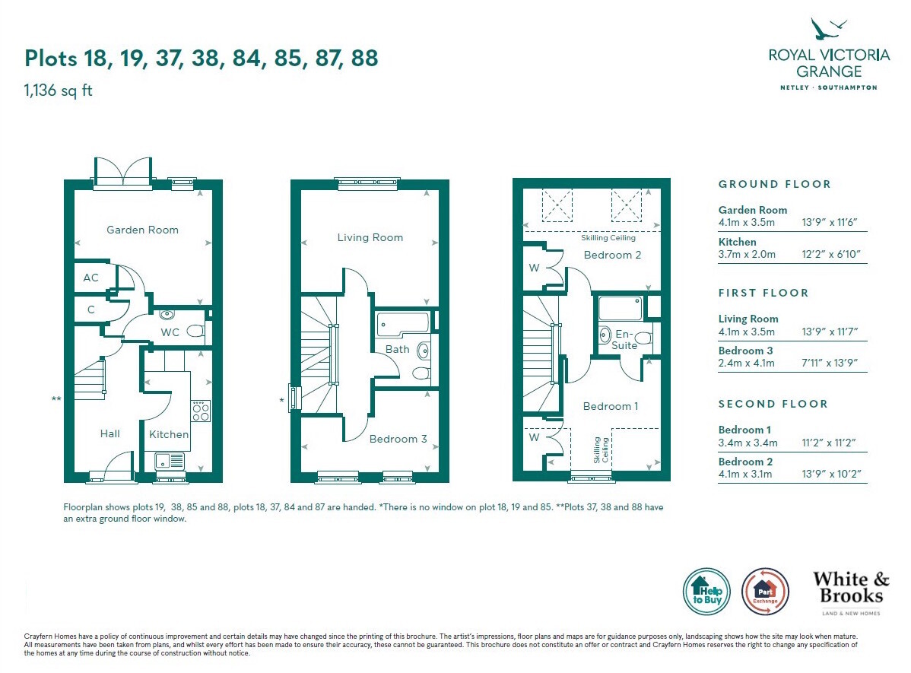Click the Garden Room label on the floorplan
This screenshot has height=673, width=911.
[x=142, y=230]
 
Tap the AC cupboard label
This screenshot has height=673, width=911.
[x=90, y=278]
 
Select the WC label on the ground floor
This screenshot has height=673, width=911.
[x=170, y=332]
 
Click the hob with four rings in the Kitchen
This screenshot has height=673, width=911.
[x=201, y=411]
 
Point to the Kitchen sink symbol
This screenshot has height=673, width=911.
[x=170, y=461]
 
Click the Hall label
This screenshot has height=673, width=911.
[x=110, y=433]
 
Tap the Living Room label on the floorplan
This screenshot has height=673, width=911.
[x=370, y=238]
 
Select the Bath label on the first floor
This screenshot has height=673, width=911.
[x=398, y=349]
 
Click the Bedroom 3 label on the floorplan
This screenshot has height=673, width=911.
[x=398, y=439]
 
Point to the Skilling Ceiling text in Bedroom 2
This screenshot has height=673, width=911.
[x=608, y=238]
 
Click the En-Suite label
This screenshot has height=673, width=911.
[x=624, y=340]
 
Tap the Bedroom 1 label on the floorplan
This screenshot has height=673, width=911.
[x=611, y=406]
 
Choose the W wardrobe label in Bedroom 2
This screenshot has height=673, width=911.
[x=534, y=268]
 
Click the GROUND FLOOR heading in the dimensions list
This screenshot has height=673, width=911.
[x=774, y=184]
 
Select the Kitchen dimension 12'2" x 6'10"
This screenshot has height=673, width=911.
[x=831, y=254]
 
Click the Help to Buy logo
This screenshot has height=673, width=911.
[x=706, y=592]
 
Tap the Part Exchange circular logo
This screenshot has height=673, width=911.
[x=765, y=592]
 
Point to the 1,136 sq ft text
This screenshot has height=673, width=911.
[x=58, y=90]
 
